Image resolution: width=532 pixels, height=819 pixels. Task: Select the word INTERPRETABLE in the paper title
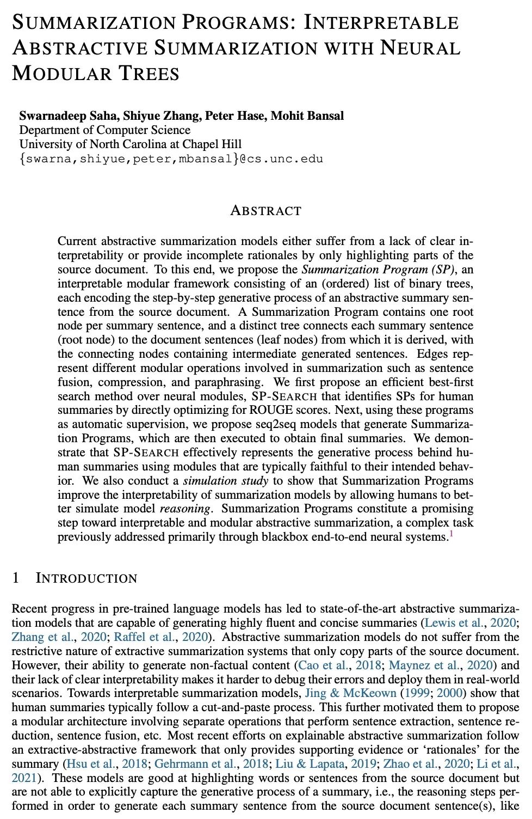click(x=381, y=22)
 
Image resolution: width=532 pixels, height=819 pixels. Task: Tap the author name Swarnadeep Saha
click(x=67, y=115)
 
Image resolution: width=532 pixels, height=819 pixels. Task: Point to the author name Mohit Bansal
click(x=307, y=115)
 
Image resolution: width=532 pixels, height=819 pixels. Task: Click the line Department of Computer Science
click(x=104, y=130)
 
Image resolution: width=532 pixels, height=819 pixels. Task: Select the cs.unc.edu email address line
click(x=171, y=158)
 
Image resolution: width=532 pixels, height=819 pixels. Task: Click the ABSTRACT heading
click(x=265, y=210)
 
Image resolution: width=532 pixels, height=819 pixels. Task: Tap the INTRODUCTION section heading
click(x=86, y=578)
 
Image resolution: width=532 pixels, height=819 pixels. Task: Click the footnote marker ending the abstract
click(x=450, y=535)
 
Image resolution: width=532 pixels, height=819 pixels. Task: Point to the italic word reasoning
click(x=184, y=509)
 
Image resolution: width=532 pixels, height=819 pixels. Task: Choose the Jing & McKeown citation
click(x=350, y=693)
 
